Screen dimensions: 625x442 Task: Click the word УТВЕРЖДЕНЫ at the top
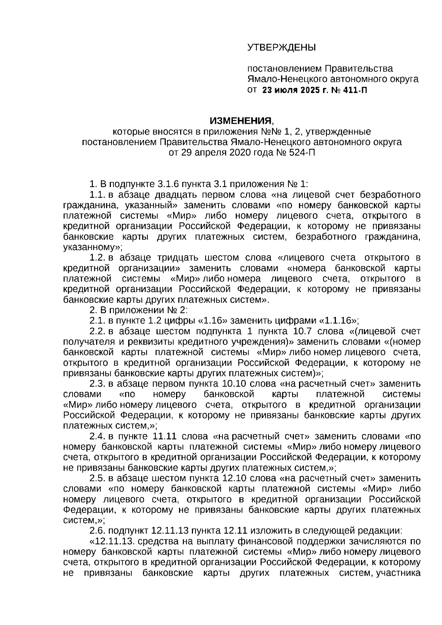[x=281, y=48]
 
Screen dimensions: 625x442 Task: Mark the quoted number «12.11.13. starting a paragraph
[x=111, y=541]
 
